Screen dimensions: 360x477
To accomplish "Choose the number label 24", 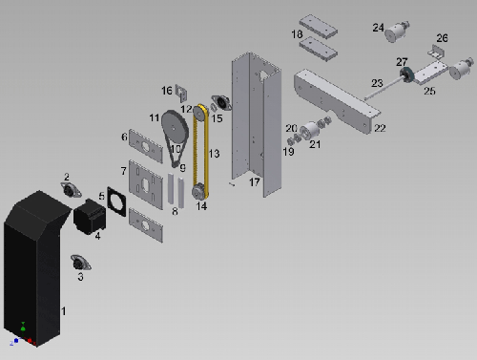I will pyautogui.click(x=378, y=28).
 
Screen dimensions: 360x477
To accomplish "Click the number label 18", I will pyautogui.click(x=297, y=33).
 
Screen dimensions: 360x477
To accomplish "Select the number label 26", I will pyautogui.click(x=441, y=38).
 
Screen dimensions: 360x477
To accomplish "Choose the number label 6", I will pyautogui.click(x=123, y=137).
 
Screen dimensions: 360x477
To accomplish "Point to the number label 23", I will pyautogui.click(x=377, y=83).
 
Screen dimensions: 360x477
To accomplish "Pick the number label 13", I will pyautogui.click(x=214, y=152).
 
